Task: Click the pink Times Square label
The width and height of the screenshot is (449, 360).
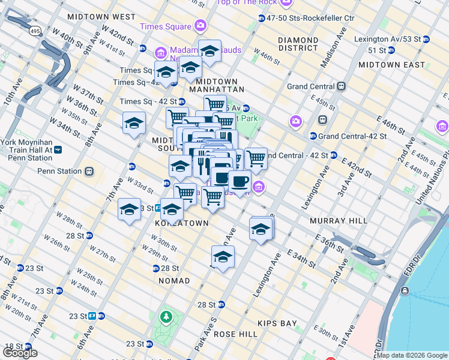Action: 166,26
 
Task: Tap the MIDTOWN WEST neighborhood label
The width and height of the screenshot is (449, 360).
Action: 101,17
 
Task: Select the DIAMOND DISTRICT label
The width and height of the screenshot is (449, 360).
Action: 298,44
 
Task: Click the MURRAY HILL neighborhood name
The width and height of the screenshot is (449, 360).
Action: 338,221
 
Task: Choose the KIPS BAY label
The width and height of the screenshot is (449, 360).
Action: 277,323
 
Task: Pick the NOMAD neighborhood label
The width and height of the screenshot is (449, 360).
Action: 174,281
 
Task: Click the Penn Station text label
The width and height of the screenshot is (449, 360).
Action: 59,171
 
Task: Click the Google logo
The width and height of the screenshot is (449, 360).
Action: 20,353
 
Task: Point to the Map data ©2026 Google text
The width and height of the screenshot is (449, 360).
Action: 412,355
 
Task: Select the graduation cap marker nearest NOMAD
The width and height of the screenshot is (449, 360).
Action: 223,257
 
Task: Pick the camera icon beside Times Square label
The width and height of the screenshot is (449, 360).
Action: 200,26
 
